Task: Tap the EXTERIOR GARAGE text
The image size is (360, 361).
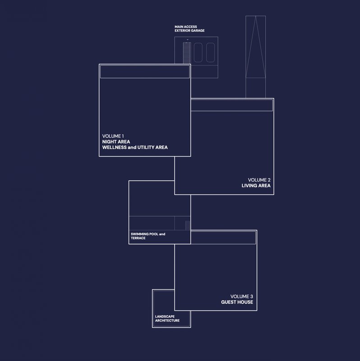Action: pyautogui.click(x=189, y=31)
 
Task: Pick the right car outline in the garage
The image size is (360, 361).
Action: pyautogui.click(x=210, y=52)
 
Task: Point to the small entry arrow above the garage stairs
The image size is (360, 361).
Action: pyautogui.click(x=187, y=39)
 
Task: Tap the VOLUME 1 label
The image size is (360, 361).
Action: pyautogui.click(x=113, y=136)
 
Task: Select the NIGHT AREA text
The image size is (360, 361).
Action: pyautogui.click(x=116, y=141)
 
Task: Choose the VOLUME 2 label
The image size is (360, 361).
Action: pyautogui.click(x=259, y=180)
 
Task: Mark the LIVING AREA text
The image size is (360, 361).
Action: pyautogui.click(x=256, y=185)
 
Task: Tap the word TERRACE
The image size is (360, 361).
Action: pyautogui.click(x=138, y=238)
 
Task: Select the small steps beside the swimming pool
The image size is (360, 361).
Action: pyautogui.click(x=188, y=225)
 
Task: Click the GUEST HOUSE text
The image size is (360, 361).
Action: pyautogui.click(x=237, y=301)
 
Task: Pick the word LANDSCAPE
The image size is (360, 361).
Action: pyautogui.click(x=165, y=316)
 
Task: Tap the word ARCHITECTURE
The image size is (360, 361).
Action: pyautogui.click(x=167, y=320)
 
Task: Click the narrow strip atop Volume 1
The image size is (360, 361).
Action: pyautogui.click(x=144, y=72)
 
